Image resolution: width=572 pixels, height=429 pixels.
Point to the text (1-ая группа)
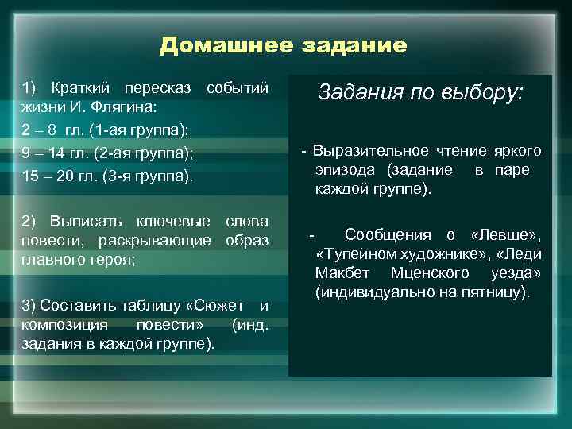[140, 129]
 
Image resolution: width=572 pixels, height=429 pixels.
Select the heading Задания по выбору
[420, 91]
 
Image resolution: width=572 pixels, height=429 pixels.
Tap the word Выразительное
[365, 150]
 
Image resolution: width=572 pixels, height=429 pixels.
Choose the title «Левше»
[506, 234]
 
